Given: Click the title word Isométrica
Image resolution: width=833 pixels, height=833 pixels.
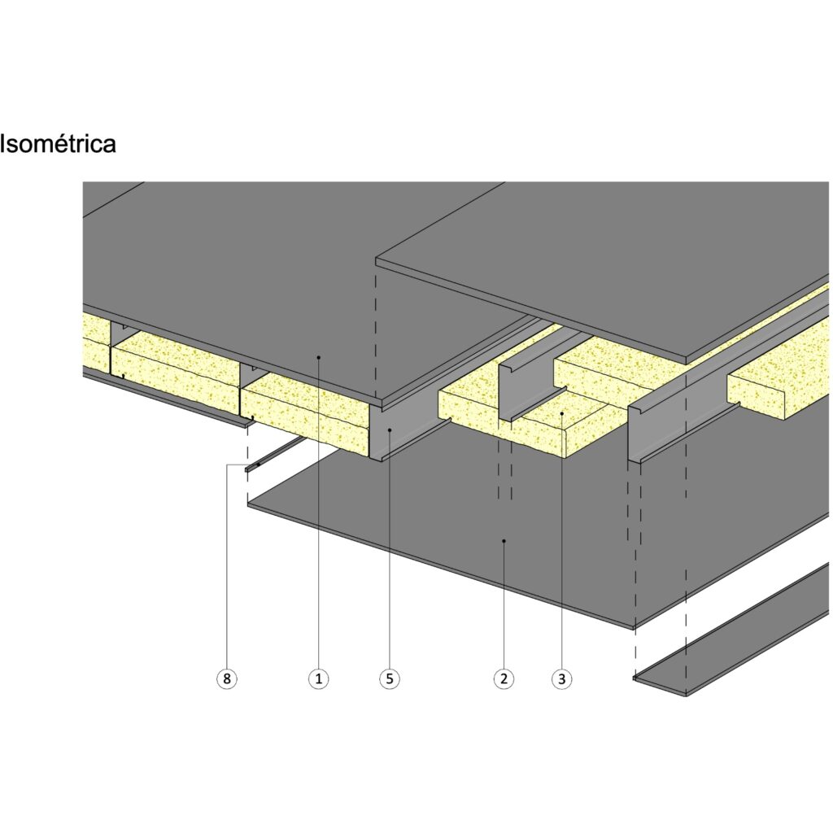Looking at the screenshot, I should pyautogui.click(x=58, y=144).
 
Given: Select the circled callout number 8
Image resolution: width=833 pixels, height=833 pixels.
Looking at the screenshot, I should pyautogui.click(x=228, y=678).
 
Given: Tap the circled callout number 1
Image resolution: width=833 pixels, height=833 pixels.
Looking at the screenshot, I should pyautogui.click(x=319, y=678).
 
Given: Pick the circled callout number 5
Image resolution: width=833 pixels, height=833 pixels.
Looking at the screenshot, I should pyautogui.click(x=390, y=678).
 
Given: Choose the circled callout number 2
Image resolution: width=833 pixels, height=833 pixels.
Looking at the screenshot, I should pyautogui.click(x=504, y=678).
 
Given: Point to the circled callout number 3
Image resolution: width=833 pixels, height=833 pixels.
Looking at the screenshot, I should pyautogui.click(x=560, y=678).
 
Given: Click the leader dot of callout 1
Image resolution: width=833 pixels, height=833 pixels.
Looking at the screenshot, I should pyautogui.click(x=319, y=357).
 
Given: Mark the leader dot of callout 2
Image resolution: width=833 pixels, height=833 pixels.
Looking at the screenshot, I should pyautogui.click(x=504, y=539).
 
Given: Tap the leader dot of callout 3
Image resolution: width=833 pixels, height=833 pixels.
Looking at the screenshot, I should pyautogui.click(x=560, y=414).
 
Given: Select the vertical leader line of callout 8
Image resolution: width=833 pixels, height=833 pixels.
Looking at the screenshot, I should pyautogui.click(x=228, y=569).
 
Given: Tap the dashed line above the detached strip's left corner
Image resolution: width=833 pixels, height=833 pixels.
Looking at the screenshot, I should pyautogui.click(x=635, y=569).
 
